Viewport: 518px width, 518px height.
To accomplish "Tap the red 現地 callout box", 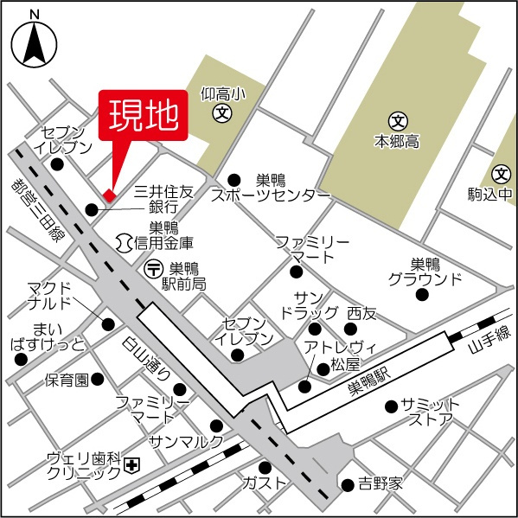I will (x=144, y=113).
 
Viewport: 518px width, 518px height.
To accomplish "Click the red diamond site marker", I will (x=108, y=195).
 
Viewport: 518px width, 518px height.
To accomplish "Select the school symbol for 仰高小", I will (x=223, y=112).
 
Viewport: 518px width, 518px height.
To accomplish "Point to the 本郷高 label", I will (x=397, y=139).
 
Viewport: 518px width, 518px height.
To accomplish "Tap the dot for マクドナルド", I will (x=109, y=324).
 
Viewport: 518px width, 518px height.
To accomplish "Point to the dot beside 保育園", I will (x=98, y=379).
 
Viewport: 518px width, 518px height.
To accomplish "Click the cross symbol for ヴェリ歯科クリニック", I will (x=131, y=466).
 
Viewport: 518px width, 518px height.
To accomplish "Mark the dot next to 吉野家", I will (x=347, y=483).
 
